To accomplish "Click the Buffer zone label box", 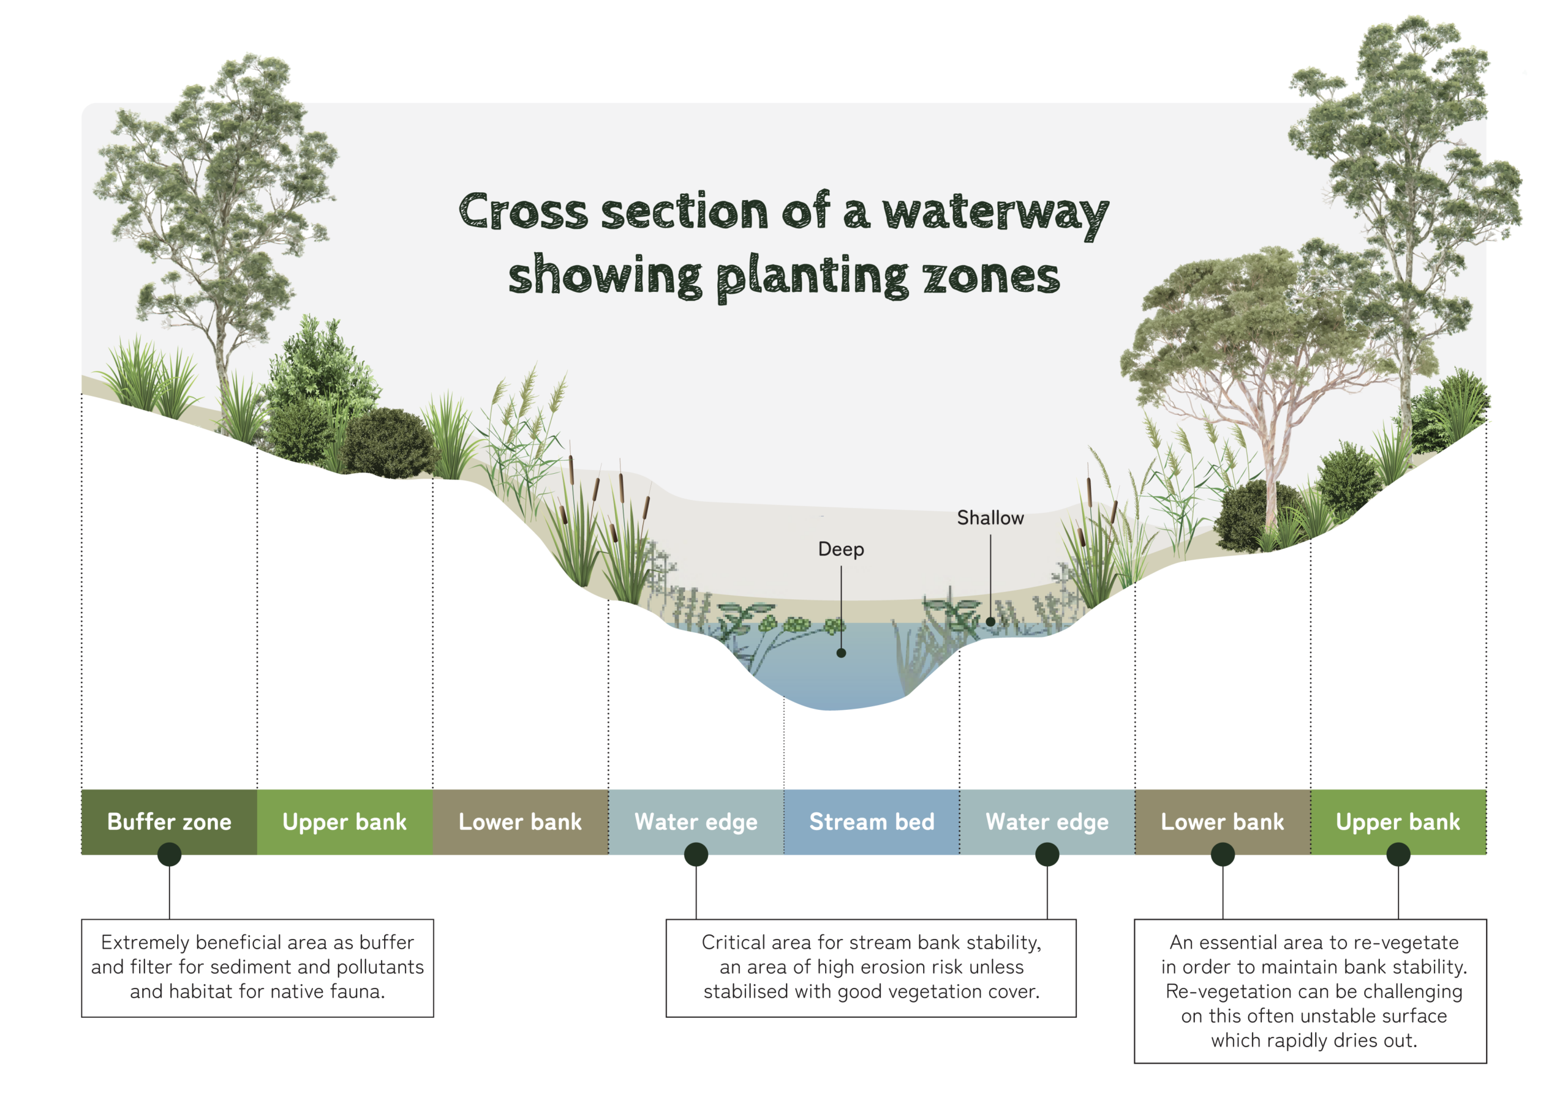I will pos(169,821).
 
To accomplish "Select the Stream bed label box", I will pos(871,821).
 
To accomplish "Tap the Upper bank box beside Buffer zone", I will pos(344,821).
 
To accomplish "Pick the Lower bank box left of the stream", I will pos(520,821).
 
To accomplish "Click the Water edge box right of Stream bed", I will pos(1047,821).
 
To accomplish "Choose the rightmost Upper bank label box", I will pos(1398,821).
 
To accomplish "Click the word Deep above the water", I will pos(841,549).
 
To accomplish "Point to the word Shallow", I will pos(990,518).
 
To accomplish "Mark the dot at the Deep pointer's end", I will pos(841,653).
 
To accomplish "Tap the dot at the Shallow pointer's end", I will pos(990,621).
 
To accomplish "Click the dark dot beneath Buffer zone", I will pos(170,854).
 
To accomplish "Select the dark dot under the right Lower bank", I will pos(1223,854).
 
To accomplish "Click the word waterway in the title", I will pos(995,213).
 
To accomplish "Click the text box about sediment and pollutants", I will pos(258,967).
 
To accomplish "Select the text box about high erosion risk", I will pos(871,967).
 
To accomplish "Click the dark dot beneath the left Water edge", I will pos(696,854).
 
